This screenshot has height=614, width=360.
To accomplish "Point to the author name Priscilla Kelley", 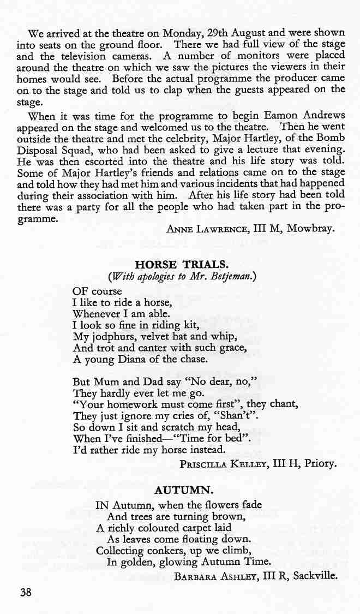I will click(x=221, y=464).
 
